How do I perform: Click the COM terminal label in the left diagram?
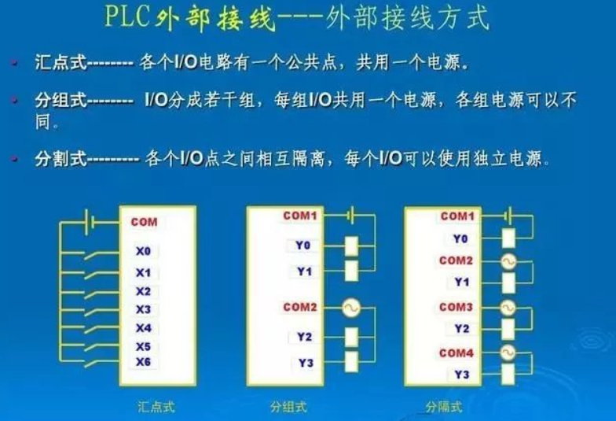coord(145,222)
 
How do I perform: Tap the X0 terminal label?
coord(143,251)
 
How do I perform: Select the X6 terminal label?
coord(143,362)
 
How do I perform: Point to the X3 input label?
coord(143,310)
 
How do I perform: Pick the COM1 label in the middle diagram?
coord(300,216)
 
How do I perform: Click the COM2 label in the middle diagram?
coord(300,307)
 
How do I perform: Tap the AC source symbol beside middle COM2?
coord(350,307)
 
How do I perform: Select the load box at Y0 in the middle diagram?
coord(351,246)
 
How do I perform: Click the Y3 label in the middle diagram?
coord(306,363)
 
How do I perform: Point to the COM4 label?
coord(456,353)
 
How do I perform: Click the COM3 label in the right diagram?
coord(456,307)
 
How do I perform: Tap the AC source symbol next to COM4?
coord(508,353)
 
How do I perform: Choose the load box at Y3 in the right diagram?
coord(508,375)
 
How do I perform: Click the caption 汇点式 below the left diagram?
coord(156,407)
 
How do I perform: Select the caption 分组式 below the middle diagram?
coord(289,407)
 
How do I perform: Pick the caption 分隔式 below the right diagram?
coord(444,407)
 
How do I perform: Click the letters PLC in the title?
coord(127,16)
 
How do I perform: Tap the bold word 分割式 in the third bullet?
coord(60,159)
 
